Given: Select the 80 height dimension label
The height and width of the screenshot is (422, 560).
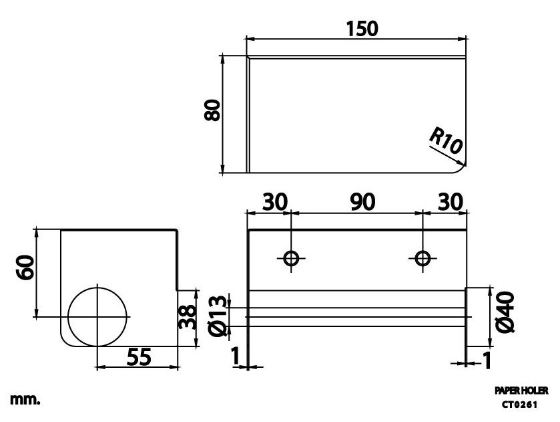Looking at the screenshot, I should pos(212,110).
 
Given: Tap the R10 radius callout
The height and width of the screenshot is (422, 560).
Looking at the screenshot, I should pos(445,142).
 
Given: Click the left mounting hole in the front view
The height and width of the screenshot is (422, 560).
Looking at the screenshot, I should pos(291,257).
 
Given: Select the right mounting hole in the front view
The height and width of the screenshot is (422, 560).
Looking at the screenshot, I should pos(422,257).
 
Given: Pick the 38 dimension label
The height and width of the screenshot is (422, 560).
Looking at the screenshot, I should pos(190,317).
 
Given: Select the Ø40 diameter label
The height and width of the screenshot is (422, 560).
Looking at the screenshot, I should pos(506,312).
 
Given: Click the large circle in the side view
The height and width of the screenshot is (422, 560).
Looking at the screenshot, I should pos(97,316).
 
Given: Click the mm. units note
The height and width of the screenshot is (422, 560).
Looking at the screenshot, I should pos(25,399).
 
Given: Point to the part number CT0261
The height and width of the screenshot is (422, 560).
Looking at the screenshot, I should pos(520,404).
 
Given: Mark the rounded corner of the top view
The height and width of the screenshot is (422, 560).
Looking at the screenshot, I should pos(461,167).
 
